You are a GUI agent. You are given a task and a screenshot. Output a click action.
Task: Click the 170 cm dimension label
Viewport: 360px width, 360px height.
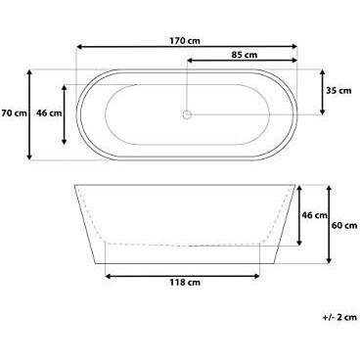coord(186,41)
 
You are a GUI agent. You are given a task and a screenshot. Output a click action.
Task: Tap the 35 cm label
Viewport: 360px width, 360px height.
coord(338,91)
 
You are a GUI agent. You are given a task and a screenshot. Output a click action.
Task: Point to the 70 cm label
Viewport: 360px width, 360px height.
coord(13,113)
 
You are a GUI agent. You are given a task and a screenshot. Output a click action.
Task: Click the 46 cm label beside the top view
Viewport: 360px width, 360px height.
coord(49,113)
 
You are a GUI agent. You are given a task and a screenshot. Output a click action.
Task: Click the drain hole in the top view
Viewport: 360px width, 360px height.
coord(185,114)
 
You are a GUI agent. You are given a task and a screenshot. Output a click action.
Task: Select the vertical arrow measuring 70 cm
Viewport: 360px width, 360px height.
coord(31,113)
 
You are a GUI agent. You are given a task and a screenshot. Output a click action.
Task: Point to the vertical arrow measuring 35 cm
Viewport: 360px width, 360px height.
coord(323,91)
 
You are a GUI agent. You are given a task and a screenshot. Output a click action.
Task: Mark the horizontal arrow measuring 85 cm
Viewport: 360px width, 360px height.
coord(240,62)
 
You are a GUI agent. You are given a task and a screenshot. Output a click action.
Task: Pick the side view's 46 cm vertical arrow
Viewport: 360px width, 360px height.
coord(297,213)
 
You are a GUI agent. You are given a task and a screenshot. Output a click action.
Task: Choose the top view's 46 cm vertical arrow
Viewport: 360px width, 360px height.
coord(66,113)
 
